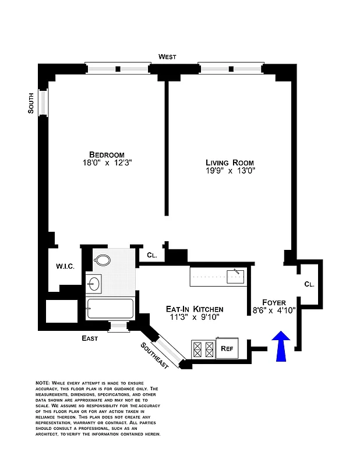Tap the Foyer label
273,302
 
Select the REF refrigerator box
227,349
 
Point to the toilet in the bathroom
103,260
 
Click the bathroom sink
94,284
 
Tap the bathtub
110,308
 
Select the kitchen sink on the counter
235,274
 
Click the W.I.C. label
65,266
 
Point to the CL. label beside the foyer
309,284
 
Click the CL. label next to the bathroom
151,255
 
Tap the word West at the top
167,57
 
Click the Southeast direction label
154,355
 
